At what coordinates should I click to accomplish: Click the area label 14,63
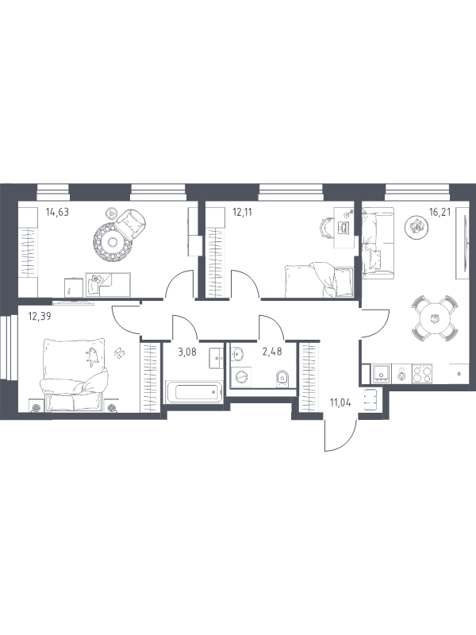click(x=57, y=212)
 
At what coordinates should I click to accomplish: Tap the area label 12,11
click(x=242, y=212)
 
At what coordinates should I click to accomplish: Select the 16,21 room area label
click(x=440, y=212)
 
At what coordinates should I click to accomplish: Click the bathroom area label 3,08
click(x=187, y=352)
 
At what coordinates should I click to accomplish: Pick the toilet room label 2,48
click(x=272, y=352)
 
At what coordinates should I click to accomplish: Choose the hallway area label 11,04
click(x=340, y=402)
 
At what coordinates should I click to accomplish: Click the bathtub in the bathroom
click(x=194, y=391)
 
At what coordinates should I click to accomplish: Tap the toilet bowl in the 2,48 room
click(x=282, y=379)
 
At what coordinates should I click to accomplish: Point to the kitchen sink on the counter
click(x=382, y=373)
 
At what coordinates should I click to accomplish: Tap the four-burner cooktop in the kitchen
click(x=422, y=373)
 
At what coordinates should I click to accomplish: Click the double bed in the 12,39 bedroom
click(x=74, y=374)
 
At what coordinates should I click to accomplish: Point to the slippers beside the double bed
click(x=121, y=352)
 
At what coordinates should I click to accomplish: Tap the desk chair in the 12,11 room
click(x=327, y=227)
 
